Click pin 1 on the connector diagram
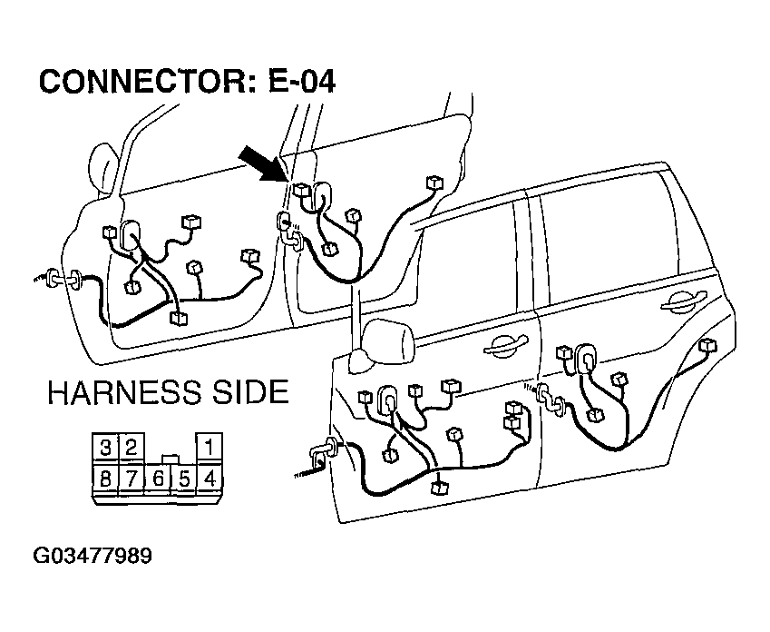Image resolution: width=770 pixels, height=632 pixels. pos(210,448)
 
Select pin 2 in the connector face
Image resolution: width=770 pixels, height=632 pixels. pos(132,448)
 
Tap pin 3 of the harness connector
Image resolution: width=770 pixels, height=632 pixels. pos(105,448)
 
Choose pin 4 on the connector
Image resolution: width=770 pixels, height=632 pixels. pos(210,478)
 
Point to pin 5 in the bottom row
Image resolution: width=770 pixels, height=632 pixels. pos(184,478)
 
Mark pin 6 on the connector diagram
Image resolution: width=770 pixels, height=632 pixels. pos(158,478)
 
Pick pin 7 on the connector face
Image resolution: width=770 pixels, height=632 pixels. pos(132,478)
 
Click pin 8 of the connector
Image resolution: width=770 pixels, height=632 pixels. pos(105,478)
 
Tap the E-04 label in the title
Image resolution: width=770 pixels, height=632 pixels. pos(302,81)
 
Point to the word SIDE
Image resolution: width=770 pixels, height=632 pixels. pos(250,392)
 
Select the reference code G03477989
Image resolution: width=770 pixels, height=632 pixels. pos(93,557)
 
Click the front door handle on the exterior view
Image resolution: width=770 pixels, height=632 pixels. pos(505,345)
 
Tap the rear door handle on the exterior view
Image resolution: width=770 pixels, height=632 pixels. pos(684,301)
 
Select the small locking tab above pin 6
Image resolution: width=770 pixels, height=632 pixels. pos(171,459)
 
